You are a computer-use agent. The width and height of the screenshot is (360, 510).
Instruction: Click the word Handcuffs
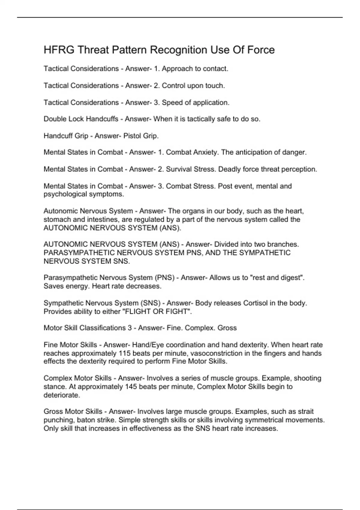(x=102, y=119)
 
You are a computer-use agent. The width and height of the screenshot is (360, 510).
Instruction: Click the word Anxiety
(x=205, y=152)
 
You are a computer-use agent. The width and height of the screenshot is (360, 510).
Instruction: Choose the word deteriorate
(x=61, y=395)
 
